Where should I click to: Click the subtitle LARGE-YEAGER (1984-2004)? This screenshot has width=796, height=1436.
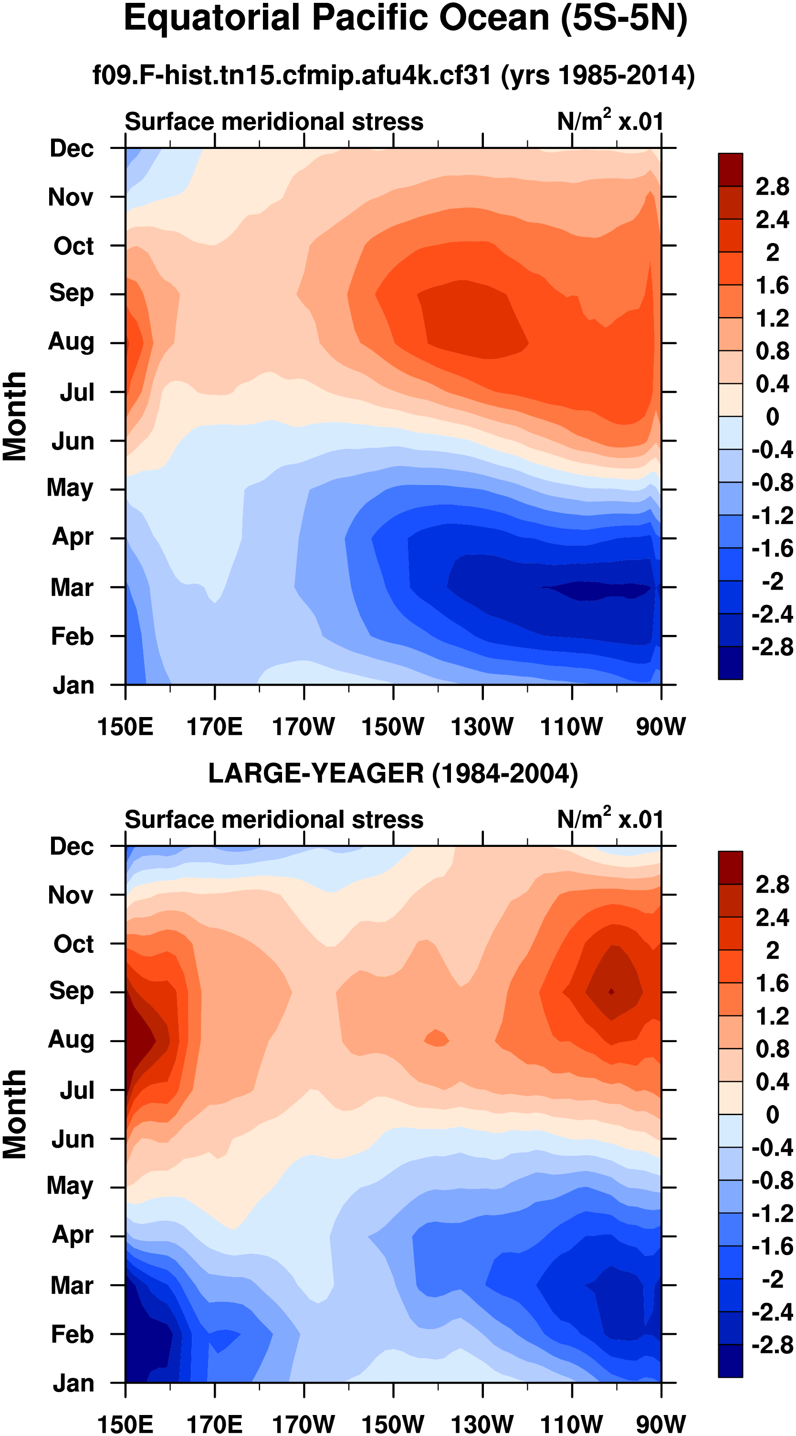(x=393, y=774)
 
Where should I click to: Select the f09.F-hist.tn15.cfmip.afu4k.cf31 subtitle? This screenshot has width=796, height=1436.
(x=394, y=75)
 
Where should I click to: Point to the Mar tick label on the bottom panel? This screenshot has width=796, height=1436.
(x=72, y=1286)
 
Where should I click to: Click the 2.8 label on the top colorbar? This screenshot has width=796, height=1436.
(x=772, y=187)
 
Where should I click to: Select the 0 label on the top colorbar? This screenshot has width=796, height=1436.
(x=772, y=416)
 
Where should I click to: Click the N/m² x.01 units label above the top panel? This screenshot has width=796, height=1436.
(x=610, y=121)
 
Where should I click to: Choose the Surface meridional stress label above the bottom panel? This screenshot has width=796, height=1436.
(x=274, y=820)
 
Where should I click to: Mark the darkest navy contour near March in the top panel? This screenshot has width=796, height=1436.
(x=597, y=590)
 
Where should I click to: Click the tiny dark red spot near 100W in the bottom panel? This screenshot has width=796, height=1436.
(x=611, y=992)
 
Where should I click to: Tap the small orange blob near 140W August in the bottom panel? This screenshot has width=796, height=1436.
(x=437, y=1038)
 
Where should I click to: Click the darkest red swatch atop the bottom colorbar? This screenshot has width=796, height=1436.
(x=730, y=868)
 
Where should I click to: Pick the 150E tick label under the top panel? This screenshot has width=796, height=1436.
(x=125, y=727)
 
